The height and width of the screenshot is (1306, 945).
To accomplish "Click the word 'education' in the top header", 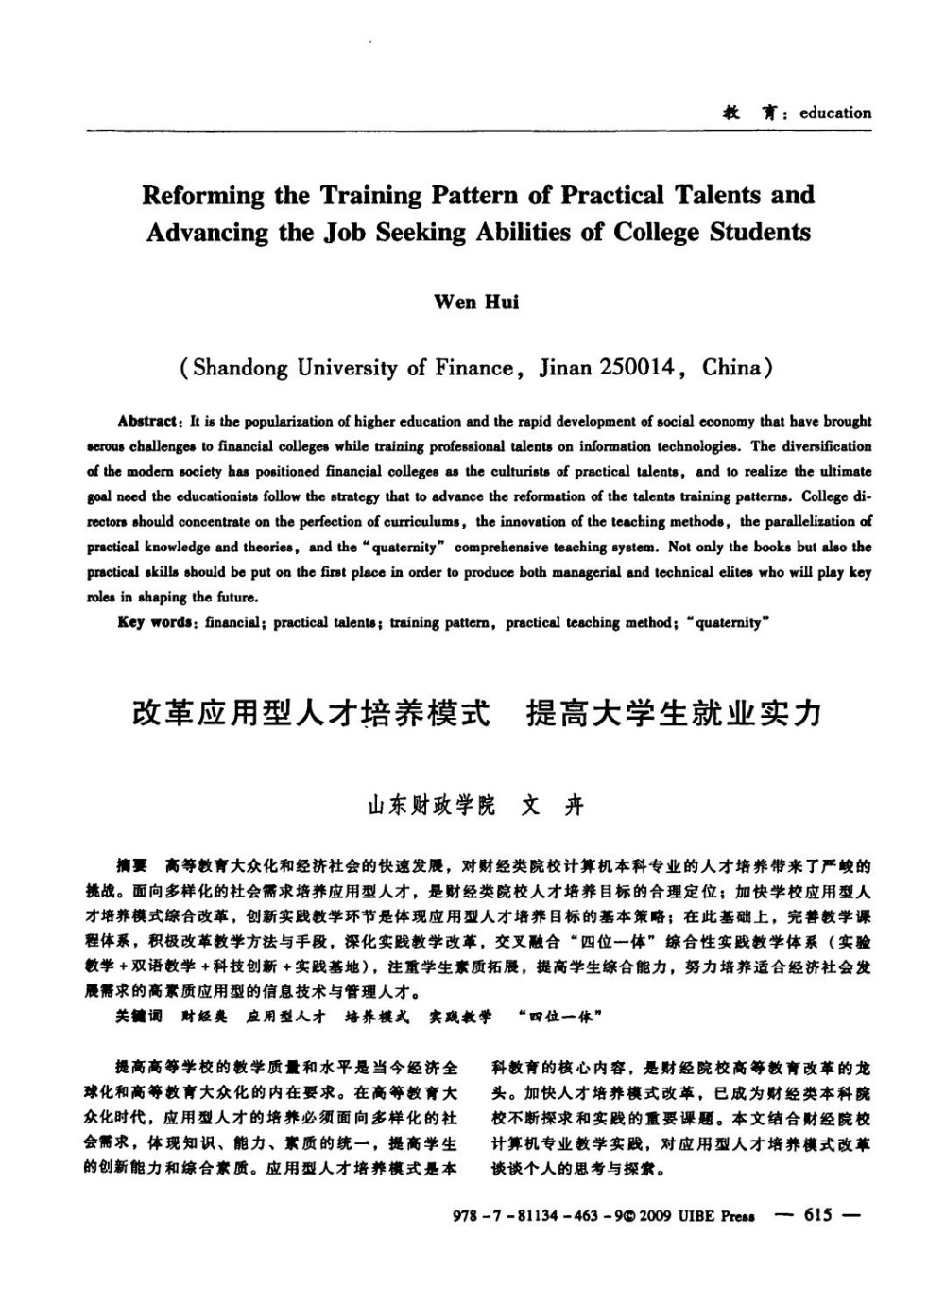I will (835, 113).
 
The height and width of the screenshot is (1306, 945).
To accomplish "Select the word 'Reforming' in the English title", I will (202, 196).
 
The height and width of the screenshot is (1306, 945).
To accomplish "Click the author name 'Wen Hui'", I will (476, 303).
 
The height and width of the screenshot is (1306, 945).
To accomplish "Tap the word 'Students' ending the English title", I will (761, 233).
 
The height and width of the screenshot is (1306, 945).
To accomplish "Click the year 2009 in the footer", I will (655, 1216).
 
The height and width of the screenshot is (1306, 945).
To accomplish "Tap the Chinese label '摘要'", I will (130, 865).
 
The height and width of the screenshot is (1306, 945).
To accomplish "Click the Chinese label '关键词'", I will (138, 1017).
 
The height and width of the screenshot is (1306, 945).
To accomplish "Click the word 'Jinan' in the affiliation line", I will (564, 367).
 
